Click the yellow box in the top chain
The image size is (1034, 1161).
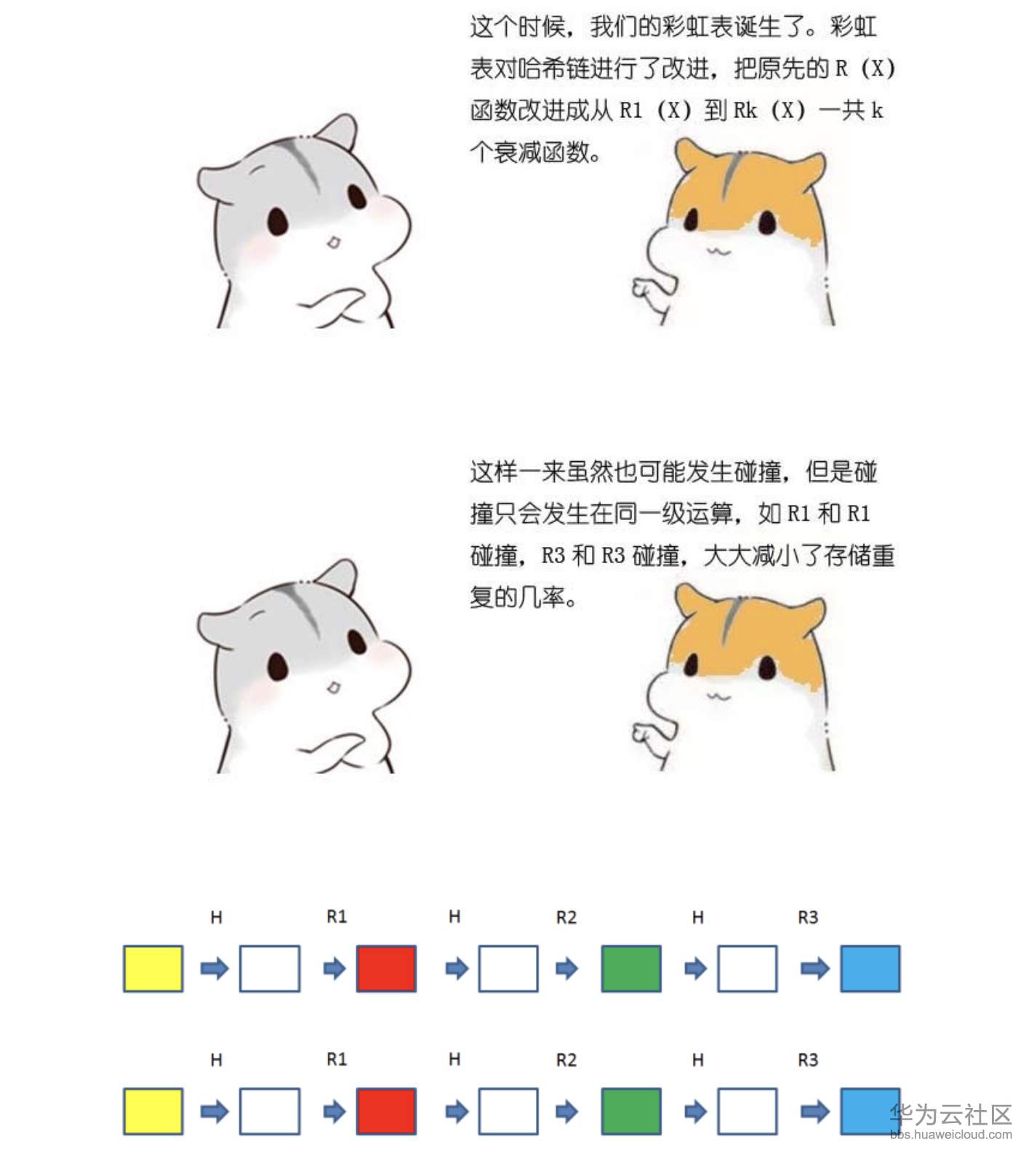click(x=153, y=968)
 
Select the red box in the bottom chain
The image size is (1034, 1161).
click(x=386, y=1111)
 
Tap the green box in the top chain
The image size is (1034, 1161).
click(x=631, y=968)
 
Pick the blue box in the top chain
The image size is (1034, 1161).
click(x=870, y=968)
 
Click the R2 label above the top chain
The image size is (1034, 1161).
click(x=566, y=917)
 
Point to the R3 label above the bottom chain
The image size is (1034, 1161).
click(x=808, y=1060)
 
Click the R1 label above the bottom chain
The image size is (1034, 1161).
click(x=337, y=1060)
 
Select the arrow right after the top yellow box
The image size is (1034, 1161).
click(x=215, y=968)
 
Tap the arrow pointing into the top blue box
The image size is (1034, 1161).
click(x=814, y=968)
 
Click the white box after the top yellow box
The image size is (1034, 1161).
click(x=270, y=968)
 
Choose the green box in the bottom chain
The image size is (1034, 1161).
click(x=631, y=1111)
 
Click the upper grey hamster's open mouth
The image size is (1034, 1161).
click(x=333, y=242)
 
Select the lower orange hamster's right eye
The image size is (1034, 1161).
click(x=767, y=665)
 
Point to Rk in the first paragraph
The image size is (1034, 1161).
click(x=745, y=111)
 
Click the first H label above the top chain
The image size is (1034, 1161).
click(x=216, y=917)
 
